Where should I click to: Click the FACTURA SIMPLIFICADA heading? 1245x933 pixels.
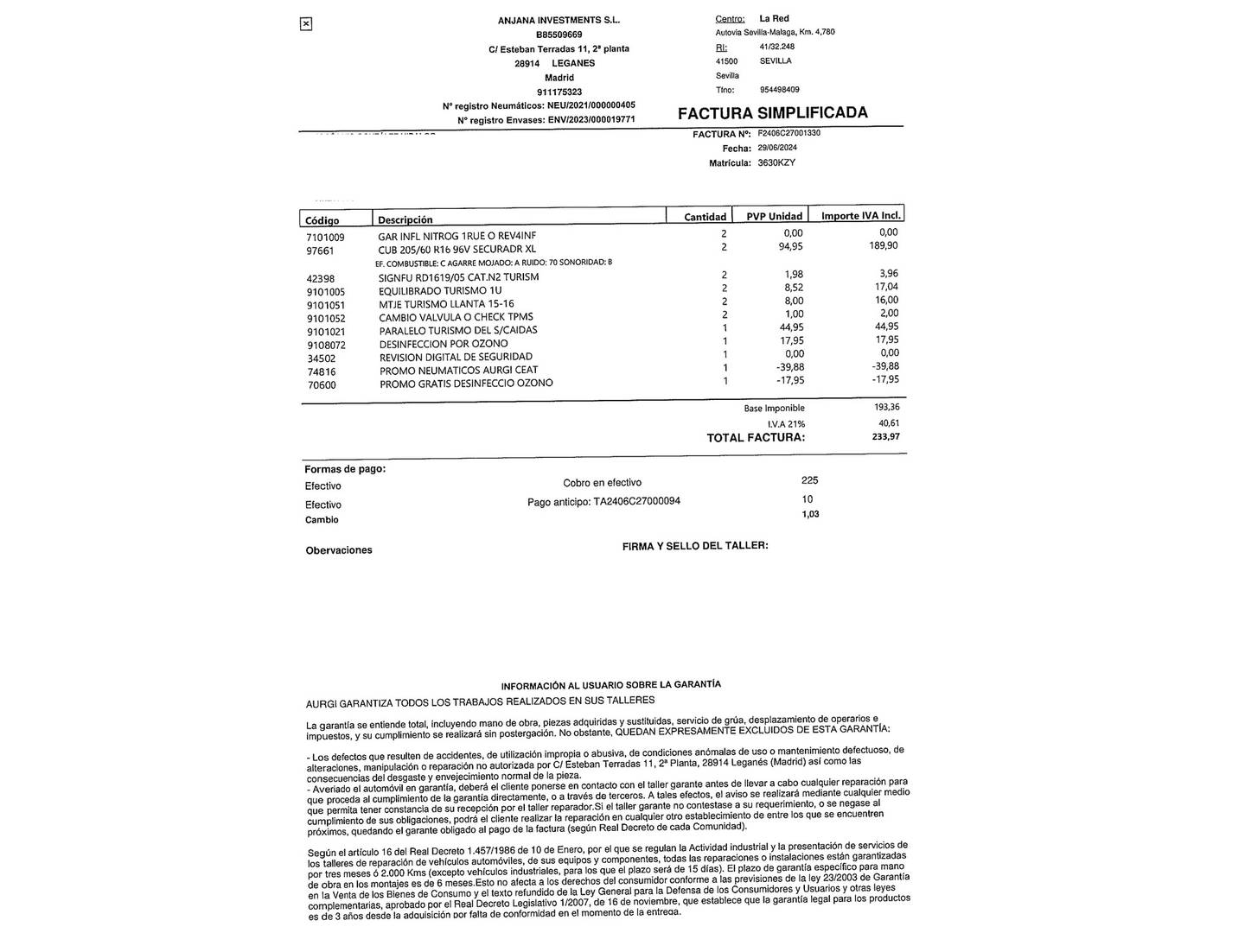772,113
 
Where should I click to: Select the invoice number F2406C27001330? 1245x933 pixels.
788,134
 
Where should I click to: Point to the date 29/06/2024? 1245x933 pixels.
777,148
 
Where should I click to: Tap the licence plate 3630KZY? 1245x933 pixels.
776,162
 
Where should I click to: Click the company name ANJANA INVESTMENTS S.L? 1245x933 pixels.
559,20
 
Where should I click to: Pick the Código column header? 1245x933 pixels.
322,220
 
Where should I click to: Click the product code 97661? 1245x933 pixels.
320,251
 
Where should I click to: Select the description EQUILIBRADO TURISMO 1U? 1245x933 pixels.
440,291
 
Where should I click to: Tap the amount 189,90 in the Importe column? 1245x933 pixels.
883,246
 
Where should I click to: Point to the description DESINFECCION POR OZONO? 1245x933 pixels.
444,344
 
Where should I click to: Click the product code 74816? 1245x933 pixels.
322,371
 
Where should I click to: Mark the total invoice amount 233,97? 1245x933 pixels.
885,437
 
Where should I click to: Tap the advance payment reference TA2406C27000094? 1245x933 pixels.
636,501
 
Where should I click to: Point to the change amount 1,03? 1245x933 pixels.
810,514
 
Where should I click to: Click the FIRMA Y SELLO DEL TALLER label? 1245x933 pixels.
695,546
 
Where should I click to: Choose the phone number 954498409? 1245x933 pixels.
779,90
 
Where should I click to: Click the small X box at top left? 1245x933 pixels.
305,24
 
